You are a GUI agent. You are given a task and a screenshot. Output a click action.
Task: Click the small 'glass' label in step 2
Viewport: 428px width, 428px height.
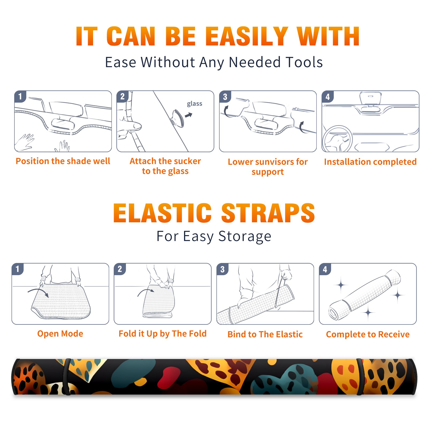pos(194,104)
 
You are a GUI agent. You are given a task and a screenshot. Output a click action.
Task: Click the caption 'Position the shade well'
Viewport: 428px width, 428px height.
pos(63,161)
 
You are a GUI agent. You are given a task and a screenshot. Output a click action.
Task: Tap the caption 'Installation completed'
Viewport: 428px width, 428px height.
pos(370,162)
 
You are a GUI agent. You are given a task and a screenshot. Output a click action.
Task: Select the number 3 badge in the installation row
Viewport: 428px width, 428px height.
pos(225,97)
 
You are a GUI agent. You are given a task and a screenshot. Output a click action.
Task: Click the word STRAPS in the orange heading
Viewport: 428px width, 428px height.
pos(268,213)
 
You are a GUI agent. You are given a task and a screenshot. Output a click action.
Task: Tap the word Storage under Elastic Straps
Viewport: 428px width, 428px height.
pos(245,236)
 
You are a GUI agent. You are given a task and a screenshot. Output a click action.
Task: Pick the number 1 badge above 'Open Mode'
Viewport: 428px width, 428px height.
pos(18,269)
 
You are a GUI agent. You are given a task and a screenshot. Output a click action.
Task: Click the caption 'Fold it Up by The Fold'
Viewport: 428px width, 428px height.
pos(163,334)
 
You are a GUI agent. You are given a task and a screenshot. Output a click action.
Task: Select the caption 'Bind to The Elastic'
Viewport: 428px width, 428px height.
pos(265,334)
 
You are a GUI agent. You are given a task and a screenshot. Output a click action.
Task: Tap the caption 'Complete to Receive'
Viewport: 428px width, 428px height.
pos(368,334)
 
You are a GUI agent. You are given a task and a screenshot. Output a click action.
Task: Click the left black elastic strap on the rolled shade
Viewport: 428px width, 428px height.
pos(67,377)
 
